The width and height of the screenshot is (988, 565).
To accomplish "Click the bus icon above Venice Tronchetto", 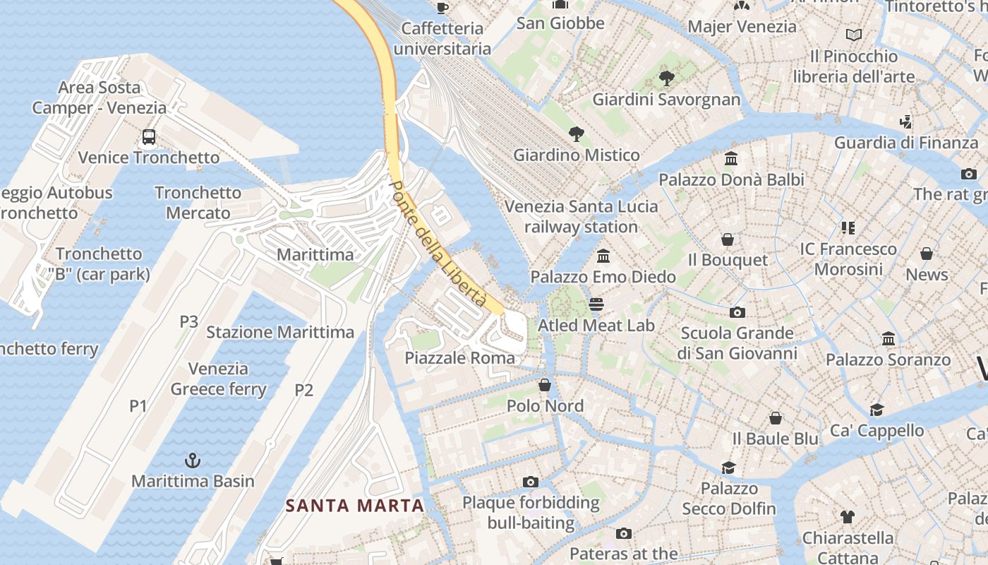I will coord(148,137).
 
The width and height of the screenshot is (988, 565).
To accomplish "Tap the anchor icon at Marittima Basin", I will coord(192,461).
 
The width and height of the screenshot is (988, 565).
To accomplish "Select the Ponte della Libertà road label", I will coord(438,244).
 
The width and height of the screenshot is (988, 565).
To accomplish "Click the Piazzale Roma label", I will coord(459,358).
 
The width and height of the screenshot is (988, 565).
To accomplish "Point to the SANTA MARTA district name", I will coord(355,506).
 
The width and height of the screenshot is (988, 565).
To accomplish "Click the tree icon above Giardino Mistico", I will coord(577,134).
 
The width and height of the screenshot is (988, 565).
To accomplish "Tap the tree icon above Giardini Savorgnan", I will coord(666,78).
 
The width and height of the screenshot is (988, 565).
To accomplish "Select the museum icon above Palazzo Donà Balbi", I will coord(731,159).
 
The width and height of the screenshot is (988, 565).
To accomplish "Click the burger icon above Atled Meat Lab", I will coord(596,305).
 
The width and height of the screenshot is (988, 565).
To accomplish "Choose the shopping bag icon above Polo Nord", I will coord(545,385).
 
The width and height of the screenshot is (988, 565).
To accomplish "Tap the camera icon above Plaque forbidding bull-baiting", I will coord(531,482).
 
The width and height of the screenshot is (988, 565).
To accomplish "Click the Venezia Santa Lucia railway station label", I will coord(581,217).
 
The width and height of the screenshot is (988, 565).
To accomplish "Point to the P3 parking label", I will coord(188,322).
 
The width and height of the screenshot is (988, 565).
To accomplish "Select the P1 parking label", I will coord(138,405).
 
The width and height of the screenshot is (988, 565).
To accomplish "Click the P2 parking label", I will coord(303,390).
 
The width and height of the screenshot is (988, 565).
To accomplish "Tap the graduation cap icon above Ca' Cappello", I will coord(876,410).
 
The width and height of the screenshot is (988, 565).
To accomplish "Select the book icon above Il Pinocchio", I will coord(854,35).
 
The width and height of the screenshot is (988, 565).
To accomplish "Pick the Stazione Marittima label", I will coord(280,332).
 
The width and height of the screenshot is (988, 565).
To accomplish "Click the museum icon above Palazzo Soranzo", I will coord(888,339).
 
